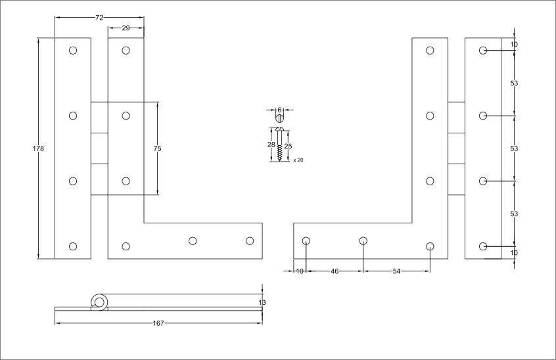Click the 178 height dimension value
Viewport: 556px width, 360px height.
[38, 149]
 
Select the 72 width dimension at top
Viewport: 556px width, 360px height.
[99, 18]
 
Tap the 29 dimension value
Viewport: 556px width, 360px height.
[126, 28]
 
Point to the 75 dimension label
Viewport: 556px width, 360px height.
[157, 149]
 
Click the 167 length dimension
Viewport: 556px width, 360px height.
[158, 323]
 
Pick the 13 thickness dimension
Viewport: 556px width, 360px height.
[262, 302]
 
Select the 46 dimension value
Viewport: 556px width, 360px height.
[335, 271]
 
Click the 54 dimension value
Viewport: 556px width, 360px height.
[396, 271]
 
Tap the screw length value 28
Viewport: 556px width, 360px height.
[270, 145]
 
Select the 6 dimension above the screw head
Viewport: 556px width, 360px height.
[279, 110]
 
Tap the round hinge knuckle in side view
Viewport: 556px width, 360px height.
[99, 302]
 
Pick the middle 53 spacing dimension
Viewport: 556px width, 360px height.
[514, 148]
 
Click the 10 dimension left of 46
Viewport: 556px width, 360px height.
[300, 271]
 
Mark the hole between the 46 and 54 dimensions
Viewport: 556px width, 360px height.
[363, 241]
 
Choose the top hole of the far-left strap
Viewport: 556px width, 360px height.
[73, 51]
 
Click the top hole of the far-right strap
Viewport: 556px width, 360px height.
[483, 51]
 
